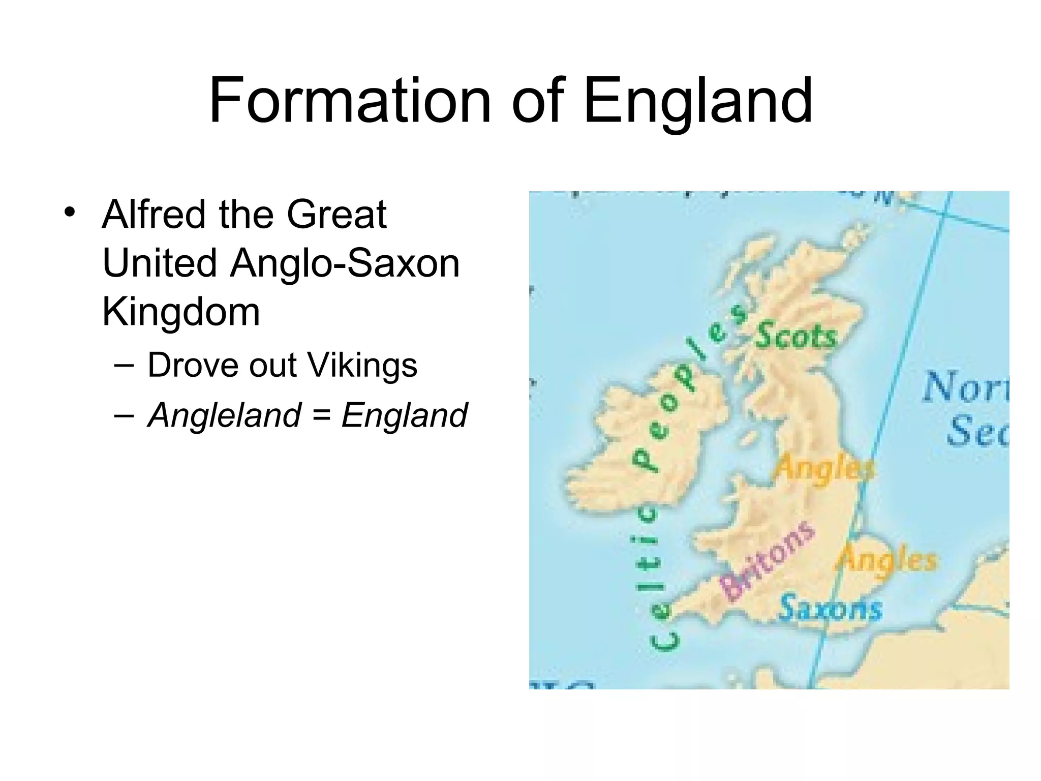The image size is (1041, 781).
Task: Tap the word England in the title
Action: coord(698,102)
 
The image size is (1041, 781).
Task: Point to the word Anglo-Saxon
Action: coord(345,264)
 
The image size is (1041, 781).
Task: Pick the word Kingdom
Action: coord(181,312)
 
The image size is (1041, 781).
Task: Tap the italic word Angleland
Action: coord(224,415)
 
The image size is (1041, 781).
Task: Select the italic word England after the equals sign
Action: coord(404,415)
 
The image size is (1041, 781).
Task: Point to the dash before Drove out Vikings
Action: coord(125,366)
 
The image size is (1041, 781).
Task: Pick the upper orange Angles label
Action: coord(824,468)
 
